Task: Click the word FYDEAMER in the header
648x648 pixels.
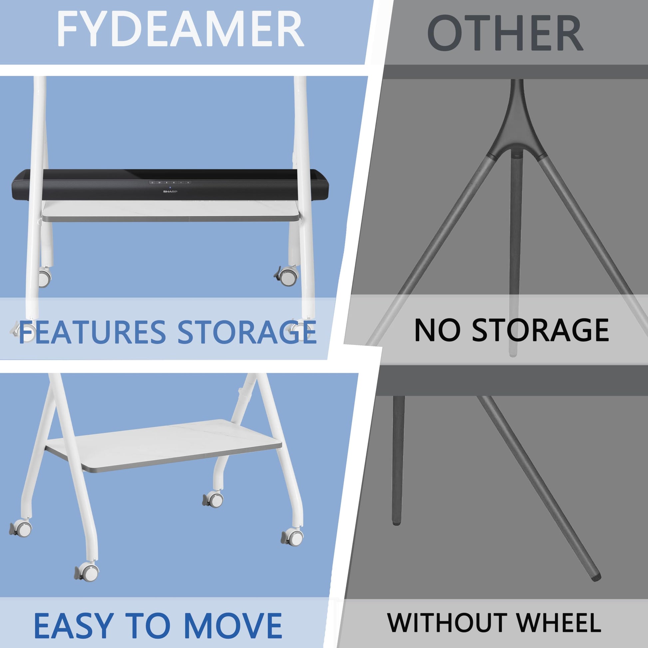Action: (180, 29)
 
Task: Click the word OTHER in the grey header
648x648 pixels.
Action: (505, 34)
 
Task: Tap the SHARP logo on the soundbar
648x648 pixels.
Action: (170, 191)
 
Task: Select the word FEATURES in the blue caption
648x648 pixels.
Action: (92, 332)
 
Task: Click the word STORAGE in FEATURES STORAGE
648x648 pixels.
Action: (247, 332)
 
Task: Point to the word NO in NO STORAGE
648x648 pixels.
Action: (437, 330)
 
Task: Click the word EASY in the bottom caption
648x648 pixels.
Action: (73, 626)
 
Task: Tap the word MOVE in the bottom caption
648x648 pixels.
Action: (233, 626)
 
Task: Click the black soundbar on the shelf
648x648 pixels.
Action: (170, 185)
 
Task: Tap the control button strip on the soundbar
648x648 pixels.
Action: (170, 182)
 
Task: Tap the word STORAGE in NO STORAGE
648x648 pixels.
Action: (540, 330)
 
